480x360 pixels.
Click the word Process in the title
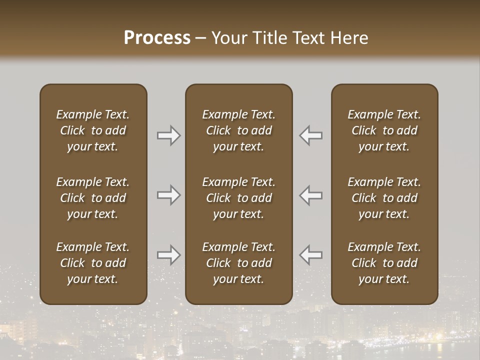pos(157,38)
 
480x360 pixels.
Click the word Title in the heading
pos(269,38)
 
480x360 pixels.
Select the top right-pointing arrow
pos(168,135)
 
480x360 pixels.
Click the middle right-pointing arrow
pos(168,195)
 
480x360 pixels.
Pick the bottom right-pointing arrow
pos(168,255)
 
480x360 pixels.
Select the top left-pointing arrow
pos(311,135)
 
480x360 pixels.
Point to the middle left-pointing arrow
pos(311,195)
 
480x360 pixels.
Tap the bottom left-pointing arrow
pos(311,255)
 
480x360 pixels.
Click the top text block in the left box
pos(93,130)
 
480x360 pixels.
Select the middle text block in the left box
pos(93,198)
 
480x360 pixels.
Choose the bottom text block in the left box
pos(93,263)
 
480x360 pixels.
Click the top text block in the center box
pos(239,130)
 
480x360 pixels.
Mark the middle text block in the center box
pos(239,198)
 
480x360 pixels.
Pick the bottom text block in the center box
pos(239,263)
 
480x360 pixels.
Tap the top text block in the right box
pos(384,130)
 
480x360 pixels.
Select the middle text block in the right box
pos(384,198)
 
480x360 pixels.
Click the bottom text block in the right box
pos(384,263)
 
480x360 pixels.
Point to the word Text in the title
pos(308,38)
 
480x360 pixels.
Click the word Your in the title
pos(228,38)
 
